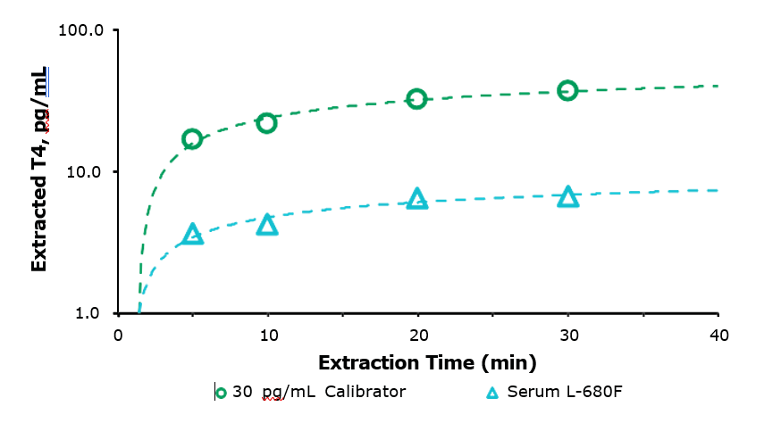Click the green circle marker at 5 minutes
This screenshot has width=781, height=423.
pyautogui.click(x=192, y=138)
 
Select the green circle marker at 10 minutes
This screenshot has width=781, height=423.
pyautogui.click(x=266, y=123)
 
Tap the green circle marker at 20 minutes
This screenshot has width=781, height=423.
pyautogui.click(x=416, y=99)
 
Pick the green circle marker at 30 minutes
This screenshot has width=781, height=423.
pyautogui.click(x=567, y=90)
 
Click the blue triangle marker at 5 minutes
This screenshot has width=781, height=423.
pyautogui.click(x=193, y=235)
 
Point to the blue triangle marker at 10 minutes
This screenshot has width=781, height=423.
pyautogui.click(x=267, y=225)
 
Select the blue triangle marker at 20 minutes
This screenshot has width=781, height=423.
pyautogui.click(x=417, y=199)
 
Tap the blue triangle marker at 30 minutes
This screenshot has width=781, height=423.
pyautogui.click(x=568, y=197)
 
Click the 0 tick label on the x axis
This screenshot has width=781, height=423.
pyautogui.click(x=118, y=335)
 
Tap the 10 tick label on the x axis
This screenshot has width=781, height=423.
pyautogui.click(x=267, y=335)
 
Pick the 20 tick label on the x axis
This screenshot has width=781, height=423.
pyautogui.click(x=417, y=335)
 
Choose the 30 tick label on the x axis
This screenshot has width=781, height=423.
pyautogui.click(x=567, y=335)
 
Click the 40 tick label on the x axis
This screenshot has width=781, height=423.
pyautogui.click(x=718, y=335)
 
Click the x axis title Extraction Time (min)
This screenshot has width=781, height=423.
pyautogui.click(x=427, y=363)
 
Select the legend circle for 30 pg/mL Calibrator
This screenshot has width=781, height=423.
pyautogui.click(x=222, y=392)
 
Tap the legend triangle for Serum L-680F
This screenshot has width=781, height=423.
pyautogui.click(x=492, y=392)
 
